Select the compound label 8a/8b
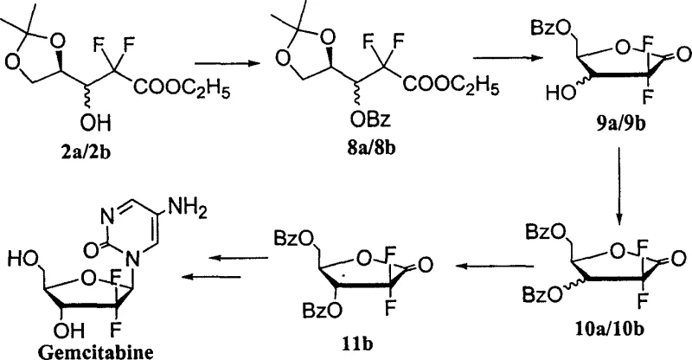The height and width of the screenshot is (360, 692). coord(371,147)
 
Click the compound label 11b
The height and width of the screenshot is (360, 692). coord(356,344)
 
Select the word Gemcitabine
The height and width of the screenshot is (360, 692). coord(96,352)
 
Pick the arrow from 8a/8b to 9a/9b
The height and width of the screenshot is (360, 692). coord(508,58)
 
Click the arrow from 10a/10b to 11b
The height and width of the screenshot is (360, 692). coord(494,266)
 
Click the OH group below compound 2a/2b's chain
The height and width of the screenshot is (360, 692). coord(96,123)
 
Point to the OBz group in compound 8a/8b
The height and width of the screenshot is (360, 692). coord(371,119)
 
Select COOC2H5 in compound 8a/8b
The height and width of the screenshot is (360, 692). coord(451,87)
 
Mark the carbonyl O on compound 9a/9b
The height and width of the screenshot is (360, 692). coord(682,55)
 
